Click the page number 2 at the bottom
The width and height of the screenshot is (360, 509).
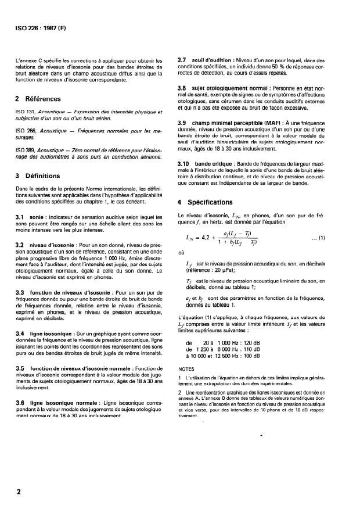pyautogui.click(x=19, y=492)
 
